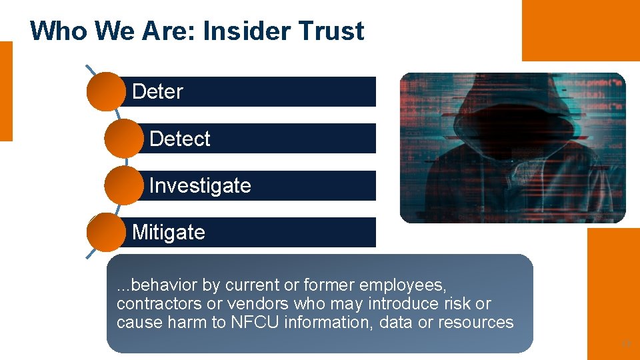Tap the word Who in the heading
coord(51,31)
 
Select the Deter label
coord(157,91)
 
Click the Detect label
coord(179,139)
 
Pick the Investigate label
coord(200,185)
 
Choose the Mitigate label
coord(168,232)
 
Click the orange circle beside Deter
coord(105,91)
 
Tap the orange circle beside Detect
coord(123,139)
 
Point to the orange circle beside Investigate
coord(123,185)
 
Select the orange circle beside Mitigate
coord(105,232)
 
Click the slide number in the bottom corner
coord(625,345)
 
